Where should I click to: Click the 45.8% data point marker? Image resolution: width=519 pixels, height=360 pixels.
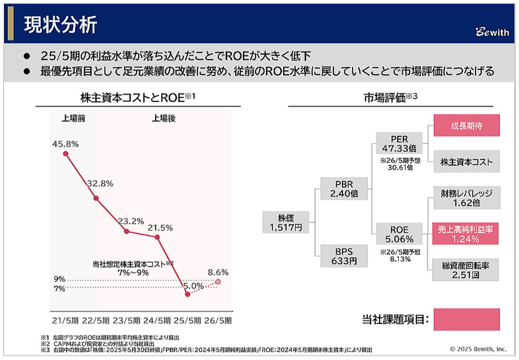coord(66,154)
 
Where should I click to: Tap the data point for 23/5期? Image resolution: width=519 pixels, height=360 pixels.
coord(127,231)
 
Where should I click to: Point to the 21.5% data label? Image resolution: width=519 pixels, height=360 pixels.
coord(161,228)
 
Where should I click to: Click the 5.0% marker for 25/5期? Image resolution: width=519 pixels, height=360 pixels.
coord(188,294)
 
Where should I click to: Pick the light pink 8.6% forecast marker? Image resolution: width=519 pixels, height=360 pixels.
coord(218,282)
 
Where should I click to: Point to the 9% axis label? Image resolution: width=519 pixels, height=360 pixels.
coord(60,279)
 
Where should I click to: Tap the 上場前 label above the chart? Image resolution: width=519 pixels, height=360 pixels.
coord(73,118)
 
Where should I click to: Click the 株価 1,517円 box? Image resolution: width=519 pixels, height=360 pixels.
coord(286,222)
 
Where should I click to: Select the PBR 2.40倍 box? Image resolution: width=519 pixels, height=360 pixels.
coord(344,188)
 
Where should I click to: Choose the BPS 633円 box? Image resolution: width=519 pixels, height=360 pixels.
coord(344,256)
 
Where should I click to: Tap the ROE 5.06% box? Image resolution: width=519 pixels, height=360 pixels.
coord(399,234)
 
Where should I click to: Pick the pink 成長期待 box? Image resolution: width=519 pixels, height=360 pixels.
coord(466,125)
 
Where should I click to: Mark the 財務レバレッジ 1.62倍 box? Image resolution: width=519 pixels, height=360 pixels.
coord(466,198)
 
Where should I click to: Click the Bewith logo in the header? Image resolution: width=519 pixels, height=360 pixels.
coord(492,32)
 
